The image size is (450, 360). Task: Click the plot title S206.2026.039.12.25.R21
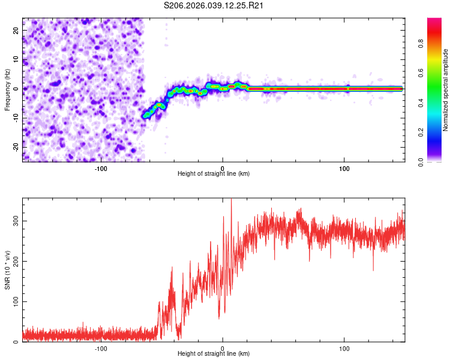click(214, 5)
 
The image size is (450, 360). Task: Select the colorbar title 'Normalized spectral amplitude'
click(445, 90)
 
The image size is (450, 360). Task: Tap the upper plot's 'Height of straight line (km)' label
click(214, 173)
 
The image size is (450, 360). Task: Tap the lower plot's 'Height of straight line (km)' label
click(214, 353)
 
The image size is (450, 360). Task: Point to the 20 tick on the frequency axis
click(16, 30)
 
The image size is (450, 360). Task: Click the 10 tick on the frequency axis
click(16, 59)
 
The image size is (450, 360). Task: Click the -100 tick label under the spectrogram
click(100, 167)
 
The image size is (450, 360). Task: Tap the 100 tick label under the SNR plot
click(344, 347)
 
